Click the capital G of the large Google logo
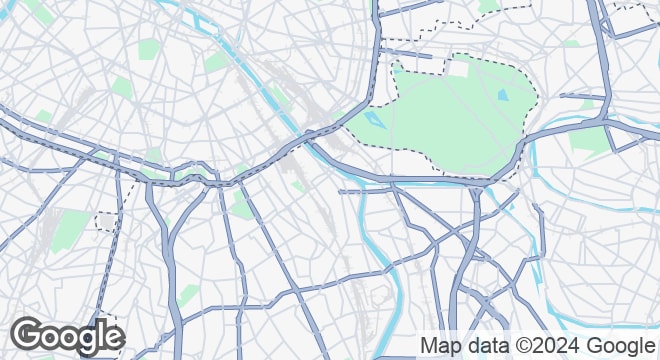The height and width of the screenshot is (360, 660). [28, 337]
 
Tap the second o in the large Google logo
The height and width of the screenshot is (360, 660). [68, 339]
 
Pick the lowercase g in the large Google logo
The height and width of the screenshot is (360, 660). [87, 342]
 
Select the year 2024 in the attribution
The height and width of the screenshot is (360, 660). [552, 345]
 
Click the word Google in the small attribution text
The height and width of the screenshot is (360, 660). [613, 345]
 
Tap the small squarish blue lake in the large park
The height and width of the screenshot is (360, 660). [502, 95]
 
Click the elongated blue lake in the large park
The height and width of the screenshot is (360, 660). [375, 121]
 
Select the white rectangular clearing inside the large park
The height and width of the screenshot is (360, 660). [458, 69]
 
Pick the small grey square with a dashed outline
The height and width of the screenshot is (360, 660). [105, 220]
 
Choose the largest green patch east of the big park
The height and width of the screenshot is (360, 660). [590, 140]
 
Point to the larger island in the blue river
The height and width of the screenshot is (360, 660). [322, 129]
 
